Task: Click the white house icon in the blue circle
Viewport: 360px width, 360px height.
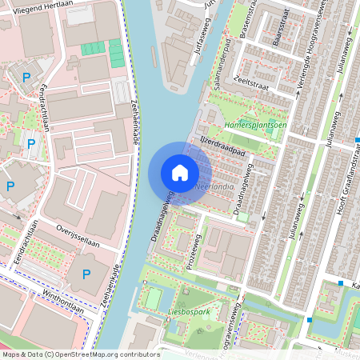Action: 180,173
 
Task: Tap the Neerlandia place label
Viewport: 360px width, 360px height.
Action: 214,187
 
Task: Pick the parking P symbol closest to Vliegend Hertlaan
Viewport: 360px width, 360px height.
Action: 26,78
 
